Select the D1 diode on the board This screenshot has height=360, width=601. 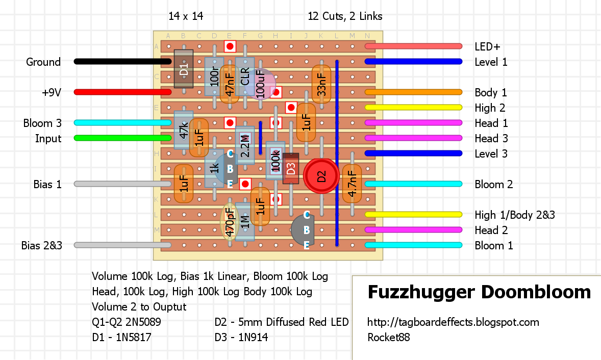184,69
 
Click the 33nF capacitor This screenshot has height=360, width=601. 321,84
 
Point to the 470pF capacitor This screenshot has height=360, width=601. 229,223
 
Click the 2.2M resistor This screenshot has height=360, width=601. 245,145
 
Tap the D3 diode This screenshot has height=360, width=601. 291,168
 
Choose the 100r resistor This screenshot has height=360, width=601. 214,76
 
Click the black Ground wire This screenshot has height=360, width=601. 122,62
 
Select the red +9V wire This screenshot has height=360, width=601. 122,92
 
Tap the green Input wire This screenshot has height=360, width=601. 122,138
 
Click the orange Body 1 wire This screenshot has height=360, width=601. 413,92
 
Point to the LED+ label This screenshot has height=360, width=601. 487,47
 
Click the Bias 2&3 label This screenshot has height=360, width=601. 42,246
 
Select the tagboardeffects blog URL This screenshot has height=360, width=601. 453,322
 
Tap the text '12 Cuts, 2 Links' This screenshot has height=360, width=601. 345,16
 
